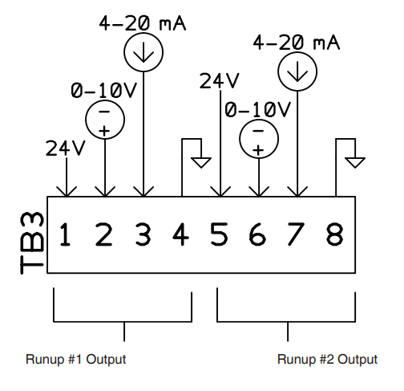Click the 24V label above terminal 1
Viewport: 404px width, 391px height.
pyautogui.click(x=64, y=148)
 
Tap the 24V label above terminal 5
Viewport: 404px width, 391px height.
pyautogui.click(x=219, y=80)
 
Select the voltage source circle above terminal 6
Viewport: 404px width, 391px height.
pyautogui.click(x=258, y=140)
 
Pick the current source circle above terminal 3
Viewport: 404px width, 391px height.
pyautogui.click(x=143, y=52)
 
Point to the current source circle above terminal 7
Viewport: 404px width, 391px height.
pyautogui.click(x=297, y=73)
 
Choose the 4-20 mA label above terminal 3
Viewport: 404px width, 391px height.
pyautogui.click(x=143, y=23)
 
